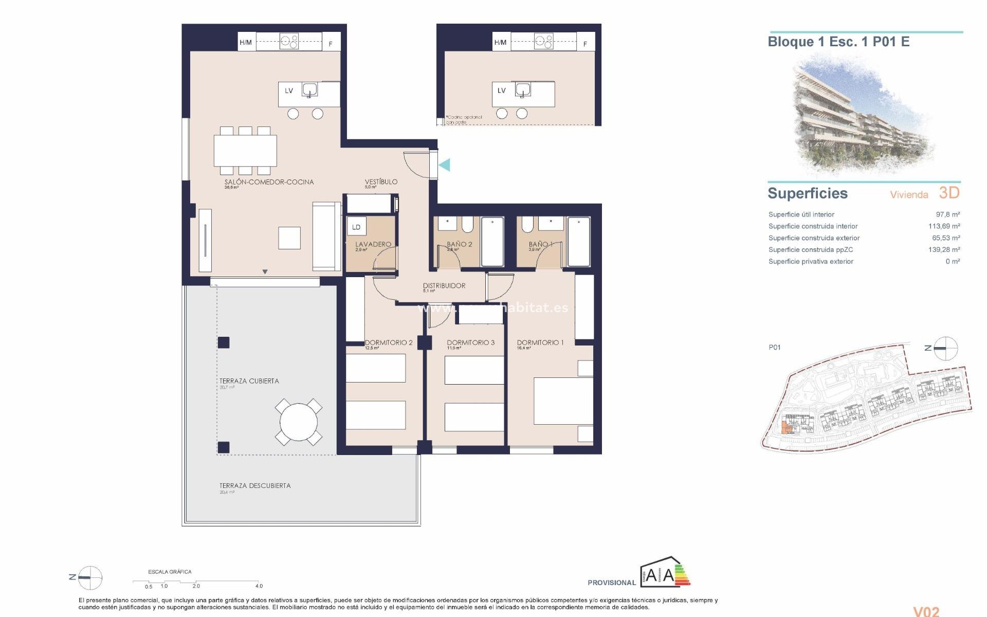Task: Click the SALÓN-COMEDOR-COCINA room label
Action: (269, 182)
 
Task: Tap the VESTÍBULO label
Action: (381, 182)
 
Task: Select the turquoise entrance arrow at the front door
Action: (445, 165)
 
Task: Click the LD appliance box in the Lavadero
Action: (356, 227)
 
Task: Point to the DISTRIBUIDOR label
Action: (444, 285)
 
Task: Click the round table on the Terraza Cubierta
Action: (299, 422)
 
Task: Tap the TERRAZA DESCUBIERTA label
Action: (255, 485)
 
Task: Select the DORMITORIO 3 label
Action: (470, 342)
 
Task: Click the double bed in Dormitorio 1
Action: (563, 401)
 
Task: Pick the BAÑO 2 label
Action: (459, 244)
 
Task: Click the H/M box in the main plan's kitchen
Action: (246, 42)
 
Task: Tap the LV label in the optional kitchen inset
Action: (502, 90)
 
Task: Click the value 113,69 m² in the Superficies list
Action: (944, 226)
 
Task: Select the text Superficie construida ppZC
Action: (811, 250)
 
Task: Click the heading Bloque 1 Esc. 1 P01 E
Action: (838, 42)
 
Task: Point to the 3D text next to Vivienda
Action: (949, 193)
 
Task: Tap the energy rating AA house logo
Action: (665, 572)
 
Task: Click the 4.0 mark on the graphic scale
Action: (259, 586)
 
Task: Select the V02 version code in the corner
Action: (926, 611)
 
